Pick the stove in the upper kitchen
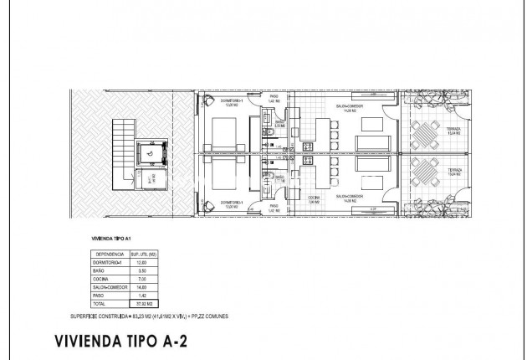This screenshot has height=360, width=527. pos(307,147)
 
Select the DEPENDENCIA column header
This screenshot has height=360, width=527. pos(110,254)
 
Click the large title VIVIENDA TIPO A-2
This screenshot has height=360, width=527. pos(138,341)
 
